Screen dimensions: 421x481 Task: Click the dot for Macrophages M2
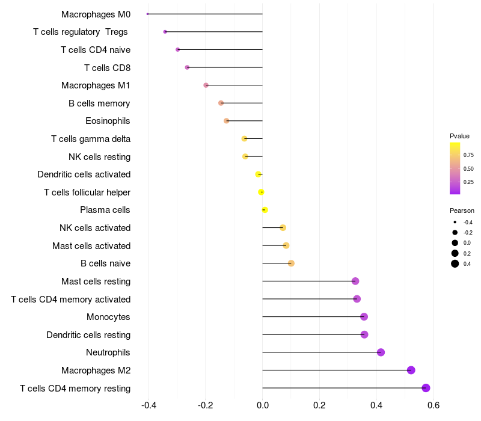pyautogui.click(x=411, y=370)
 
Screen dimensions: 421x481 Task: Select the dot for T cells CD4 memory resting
pyautogui.click(x=426, y=388)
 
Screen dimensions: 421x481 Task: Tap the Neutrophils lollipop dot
pyautogui.click(x=381, y=352)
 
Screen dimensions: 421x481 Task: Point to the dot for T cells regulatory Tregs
pyautogui.click(x=165, y=32)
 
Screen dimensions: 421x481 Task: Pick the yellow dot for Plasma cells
pyautogui.click(x=265, y=210)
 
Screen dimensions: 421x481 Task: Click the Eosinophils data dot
pyautogui.click(x=226, y=121)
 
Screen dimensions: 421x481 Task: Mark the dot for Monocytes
pyautogui.click(x=364, y=317)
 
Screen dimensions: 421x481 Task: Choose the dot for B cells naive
pyautogui.click(x=291, y=263)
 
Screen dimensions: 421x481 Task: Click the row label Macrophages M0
pyautogui.click(x=96, y=14)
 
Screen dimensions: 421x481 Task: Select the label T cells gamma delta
pyautogui.click(x=91, y=139)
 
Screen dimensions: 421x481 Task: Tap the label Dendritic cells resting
pyautogui.click(x=88, y=334)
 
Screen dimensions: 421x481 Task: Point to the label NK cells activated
pyautogui.click(x=95, y=228)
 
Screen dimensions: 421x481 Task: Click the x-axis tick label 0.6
pyautogui.click(x=433, y=405)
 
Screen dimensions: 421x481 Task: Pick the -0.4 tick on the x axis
pyautogui.click(x=149, y=405)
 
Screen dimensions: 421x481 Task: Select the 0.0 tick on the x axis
pyautogui.click(x=263, y=405)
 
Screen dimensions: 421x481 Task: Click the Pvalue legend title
pyautogui.click(x=459, y=136)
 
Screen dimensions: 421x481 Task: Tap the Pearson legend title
pyautogui.click(x=462, y=210)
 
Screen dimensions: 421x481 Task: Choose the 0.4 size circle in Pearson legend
pyautogui.click(x=455, y=263)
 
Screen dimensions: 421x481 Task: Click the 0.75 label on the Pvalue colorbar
pyautogui.click(x=468, y=155)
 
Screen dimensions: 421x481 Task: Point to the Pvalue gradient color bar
pyautogui.click(x=455, y=168)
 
